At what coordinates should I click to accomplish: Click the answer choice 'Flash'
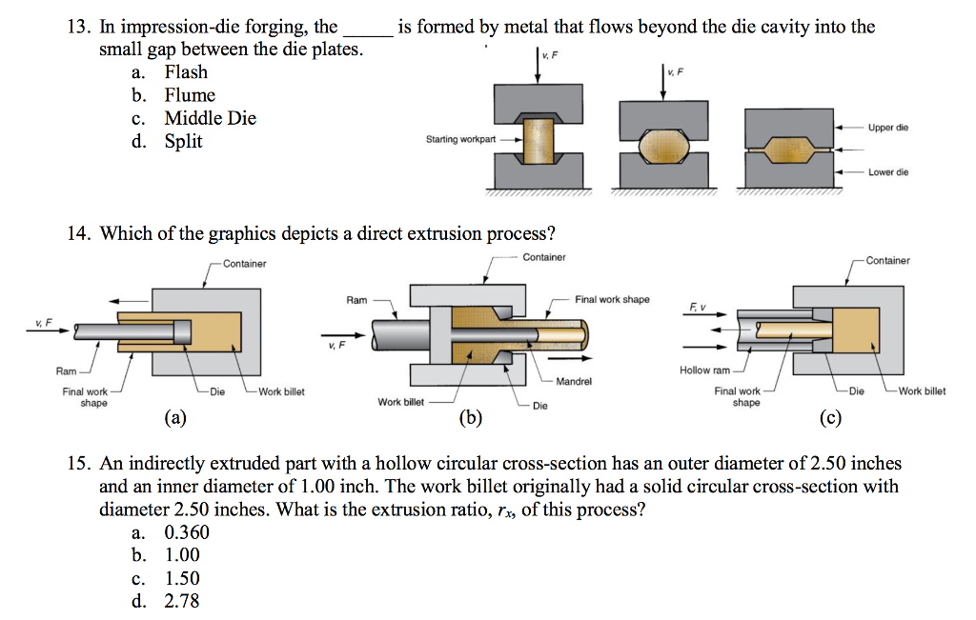(x=185, y=72)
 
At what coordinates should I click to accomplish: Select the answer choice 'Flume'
(x=190, y=95)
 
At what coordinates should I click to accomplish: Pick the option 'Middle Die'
(x=210, y=118)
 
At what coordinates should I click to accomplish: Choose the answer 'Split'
(x=183, y=142)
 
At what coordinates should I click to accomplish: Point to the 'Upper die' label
(x=888, y=127)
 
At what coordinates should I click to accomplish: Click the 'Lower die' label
(x=888, y=172)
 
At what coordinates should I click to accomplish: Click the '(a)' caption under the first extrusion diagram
(x=175, y=416)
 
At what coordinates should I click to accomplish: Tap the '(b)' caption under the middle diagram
(x=471, y=416)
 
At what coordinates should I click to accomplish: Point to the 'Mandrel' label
(x=572, y=381)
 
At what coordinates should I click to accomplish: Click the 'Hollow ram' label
(x=704, y=370)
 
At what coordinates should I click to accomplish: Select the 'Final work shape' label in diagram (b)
(x=612, y=299)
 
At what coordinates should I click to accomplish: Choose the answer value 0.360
(x=187, y=532)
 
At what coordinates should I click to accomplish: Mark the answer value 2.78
(x=182, y=601)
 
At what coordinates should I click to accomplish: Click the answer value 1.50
(x=182, y=578)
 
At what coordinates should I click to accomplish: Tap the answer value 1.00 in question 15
(x=182, y=555)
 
